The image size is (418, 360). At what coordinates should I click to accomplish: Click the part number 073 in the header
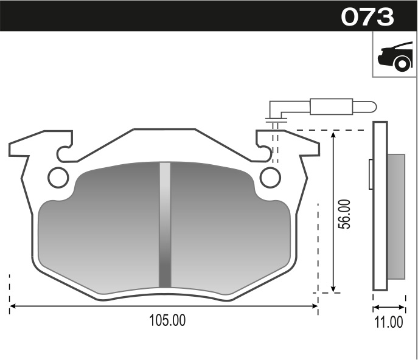pyautogui.click(x=367, y=16)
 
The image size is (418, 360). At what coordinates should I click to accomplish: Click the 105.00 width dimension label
pyautogui.click(x=167, y=320)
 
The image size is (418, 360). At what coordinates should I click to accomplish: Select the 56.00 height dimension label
pyautogui.click(x=344, y=213)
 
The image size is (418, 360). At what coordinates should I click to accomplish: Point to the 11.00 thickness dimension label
pyautogui.click(x=389, y=322)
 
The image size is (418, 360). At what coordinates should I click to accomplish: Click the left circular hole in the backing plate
pyautogui.click(x=58, y=177)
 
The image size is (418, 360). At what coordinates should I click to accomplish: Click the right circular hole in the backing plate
pyautogui.click(x=270, y=177)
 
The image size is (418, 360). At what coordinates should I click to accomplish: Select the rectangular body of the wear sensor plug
pyautogui.click(x=331, y=106)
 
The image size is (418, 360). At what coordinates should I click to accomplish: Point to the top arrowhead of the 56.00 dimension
pyautogui.click(x=333, y=134)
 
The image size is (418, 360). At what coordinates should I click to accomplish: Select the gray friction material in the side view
pyautogui.click(x=396, y=216)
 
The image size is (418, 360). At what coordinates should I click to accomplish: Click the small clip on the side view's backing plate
pyautogui.click(x=371, y=175)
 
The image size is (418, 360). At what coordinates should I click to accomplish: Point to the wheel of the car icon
pyautogui.click(x=402, y=63)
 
